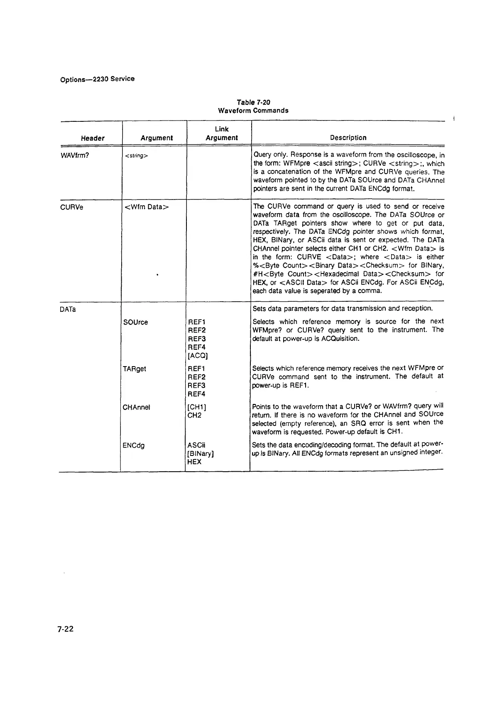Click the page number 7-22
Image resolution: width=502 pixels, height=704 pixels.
[x=66, y=629]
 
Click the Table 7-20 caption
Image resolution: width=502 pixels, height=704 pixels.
[x=253, y=102]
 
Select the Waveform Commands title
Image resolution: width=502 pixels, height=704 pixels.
[x=253, y=111]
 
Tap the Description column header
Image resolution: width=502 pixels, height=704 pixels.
[x=348, y=138]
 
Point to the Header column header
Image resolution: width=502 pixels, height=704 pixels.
[x=93, y=138]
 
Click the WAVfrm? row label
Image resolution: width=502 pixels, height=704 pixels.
[x=75, y=156]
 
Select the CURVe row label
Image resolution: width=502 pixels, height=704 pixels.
[x=72, y=207]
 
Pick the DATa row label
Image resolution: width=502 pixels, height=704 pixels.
[x=68, y=309]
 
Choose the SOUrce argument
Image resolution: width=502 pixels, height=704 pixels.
[x=135, y=322]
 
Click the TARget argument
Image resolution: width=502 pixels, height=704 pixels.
[x=135, y=369]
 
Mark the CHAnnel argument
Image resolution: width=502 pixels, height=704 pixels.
[x=136, y=407]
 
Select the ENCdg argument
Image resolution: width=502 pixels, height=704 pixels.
[x=134, y=446]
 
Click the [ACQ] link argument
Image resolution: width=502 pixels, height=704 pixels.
[x=198, y=356]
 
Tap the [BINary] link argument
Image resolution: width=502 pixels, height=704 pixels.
[x=201, y=454]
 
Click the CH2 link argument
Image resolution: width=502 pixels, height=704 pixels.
[x=194, y=416]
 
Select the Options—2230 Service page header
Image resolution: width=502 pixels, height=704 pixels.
[x=97, y=79]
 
